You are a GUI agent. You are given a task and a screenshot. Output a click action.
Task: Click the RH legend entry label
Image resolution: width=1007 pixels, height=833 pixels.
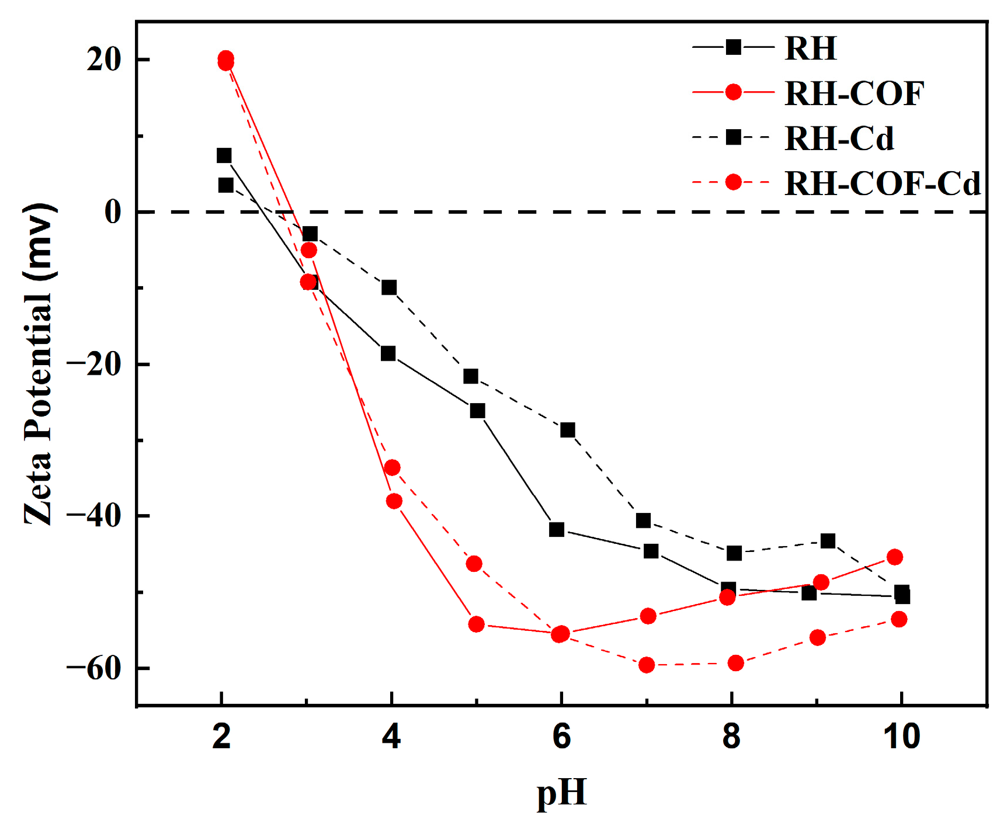click(810, 48)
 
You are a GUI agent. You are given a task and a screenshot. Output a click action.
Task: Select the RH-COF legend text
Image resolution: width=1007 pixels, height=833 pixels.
click(854, 93)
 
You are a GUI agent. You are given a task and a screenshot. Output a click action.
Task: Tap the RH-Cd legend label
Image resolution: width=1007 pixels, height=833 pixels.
click(839, 138)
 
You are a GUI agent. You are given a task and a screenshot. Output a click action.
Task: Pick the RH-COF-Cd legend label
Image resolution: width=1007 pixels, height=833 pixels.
click(882, 183)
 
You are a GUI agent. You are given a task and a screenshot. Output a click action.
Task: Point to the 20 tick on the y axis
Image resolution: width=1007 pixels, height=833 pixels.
click(104, 60)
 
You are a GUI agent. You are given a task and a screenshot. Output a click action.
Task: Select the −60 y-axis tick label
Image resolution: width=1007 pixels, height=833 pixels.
click(95, 668)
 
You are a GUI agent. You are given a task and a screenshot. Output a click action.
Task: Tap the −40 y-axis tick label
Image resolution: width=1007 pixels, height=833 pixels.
click(95, 516)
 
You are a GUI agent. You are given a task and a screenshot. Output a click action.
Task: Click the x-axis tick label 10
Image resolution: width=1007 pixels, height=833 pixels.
click(901, 737)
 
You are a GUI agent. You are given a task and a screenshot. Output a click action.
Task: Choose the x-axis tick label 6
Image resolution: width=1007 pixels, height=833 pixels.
click(561, 737)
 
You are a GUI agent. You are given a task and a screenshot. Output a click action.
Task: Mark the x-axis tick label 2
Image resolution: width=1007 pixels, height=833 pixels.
click(221, 737)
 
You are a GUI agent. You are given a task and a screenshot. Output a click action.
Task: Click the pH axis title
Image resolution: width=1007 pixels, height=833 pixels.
click(561, 793)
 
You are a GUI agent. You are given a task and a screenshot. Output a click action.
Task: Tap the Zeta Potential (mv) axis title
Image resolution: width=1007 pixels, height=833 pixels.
click(40, 363)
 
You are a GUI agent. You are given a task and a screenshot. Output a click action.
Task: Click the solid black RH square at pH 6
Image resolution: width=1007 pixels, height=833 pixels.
click(557, 530)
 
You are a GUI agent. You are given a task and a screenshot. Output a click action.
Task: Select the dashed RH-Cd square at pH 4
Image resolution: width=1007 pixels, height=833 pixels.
click(389, 287)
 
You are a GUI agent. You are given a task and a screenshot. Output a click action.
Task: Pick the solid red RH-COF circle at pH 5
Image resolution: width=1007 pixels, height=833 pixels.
click(477, 624)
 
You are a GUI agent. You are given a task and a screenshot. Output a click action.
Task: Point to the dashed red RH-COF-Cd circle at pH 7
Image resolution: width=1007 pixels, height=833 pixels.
click(647, 665)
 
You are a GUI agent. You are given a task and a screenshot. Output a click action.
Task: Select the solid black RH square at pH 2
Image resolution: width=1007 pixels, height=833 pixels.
click(224, 155)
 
